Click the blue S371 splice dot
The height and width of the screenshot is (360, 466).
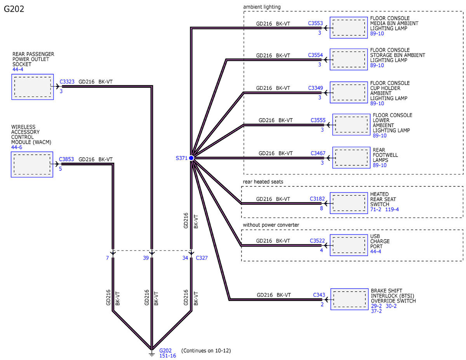click(x=191, y=158)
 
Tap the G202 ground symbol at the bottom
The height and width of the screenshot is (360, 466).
click(x=151, y=353)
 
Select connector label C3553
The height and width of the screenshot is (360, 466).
click(x=315, y=23)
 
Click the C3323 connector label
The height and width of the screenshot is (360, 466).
click(x=67, y=82)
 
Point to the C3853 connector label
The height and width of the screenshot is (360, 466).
click(x=66, y=159)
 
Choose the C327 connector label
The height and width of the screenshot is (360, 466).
click(x=202, y=258)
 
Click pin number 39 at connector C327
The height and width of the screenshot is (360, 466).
click(x=146, y=258)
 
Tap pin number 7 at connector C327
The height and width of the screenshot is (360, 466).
click(x=108, y=258)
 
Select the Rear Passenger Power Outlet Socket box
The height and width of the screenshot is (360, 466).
click(x=33, y=87)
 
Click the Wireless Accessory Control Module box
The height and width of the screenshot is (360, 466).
click(x=32, y=164)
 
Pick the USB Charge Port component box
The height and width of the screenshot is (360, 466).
click(x=349, y=245)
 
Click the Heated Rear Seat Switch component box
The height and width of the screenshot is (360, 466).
click(x=349, y=203)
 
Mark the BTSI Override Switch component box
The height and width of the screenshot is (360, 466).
click(x=349, y=299)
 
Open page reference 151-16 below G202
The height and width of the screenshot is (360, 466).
click(x=167, y=356)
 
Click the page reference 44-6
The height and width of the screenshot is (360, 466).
click(x=17, y=147)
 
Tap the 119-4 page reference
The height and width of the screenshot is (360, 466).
click(x=392, y=209)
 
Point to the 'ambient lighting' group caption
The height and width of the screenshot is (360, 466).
click(x=262, y=7)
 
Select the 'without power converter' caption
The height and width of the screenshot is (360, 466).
click(x=271, y=225)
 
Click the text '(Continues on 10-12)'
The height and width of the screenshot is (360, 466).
click(x=206, y=350)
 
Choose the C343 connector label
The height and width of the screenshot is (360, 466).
click(x=319, y=295)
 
